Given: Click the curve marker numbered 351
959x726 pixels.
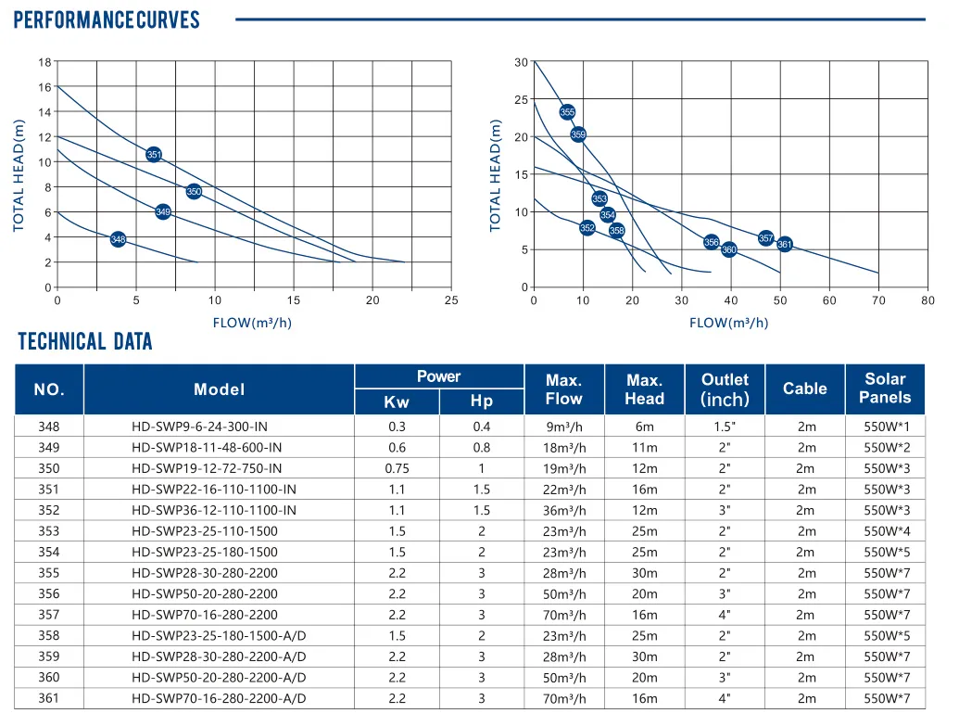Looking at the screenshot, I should (155, 155).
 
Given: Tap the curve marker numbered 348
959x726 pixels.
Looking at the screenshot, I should (118, 240).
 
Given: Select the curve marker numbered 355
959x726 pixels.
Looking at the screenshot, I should (568, 112).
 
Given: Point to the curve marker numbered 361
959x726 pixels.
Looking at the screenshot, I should (785, 245).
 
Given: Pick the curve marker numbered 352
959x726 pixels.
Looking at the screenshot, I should (587, 228).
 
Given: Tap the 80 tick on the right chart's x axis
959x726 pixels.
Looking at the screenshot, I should (927, 300).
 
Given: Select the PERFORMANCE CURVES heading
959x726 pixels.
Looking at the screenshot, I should (107, 20).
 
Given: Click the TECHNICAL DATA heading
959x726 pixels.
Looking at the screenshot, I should (85, 342).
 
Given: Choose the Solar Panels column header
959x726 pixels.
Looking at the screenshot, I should (885, 388).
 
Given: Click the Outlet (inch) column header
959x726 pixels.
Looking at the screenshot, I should (725, 389).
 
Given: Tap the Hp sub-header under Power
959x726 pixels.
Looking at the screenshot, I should (482, 401).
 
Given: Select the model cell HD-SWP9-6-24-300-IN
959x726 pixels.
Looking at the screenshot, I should (207, 427).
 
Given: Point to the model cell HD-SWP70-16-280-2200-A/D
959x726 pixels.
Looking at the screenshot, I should (219, 698).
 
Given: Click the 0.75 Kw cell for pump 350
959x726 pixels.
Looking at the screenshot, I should (397, 468).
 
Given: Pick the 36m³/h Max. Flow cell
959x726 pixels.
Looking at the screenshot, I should (564, 510).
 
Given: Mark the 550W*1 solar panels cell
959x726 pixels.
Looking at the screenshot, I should (886, 427).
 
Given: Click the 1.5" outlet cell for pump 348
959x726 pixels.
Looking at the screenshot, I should (725, 427).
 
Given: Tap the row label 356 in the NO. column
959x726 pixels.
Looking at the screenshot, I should (49, 593).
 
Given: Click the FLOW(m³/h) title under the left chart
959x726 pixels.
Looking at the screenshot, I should (252, 324).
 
